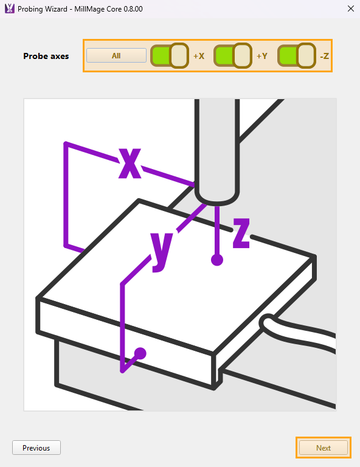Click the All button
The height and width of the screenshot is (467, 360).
(x=116, y=56)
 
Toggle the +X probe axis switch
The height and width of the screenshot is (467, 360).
(x=170, y=56)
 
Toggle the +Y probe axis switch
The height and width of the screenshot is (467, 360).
(x=233, y=56)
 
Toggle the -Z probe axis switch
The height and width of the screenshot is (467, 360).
(x=297, y=56)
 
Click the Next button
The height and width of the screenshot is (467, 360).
(x=324, y=448)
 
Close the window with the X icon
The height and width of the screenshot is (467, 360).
(x=351, y=9)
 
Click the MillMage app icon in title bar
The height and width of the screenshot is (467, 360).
(x=10, y=9)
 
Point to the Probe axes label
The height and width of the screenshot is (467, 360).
(x=46, y=56)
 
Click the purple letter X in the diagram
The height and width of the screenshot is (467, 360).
(x=130, y=163)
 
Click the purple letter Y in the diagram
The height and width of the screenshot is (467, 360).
(x=162, y=252)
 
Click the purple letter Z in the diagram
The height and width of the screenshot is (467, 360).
(x=241, y=233)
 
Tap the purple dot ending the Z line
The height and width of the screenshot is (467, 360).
(x=217, y=260)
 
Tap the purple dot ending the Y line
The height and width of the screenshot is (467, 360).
(x=140, y=353)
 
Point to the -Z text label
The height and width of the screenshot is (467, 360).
(x=324, y=56)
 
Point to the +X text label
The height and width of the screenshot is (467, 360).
(x=199, y=56)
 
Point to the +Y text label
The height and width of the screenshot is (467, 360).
(x=262, y=56)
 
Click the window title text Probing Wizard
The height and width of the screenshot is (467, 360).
(x=43, y=9)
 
